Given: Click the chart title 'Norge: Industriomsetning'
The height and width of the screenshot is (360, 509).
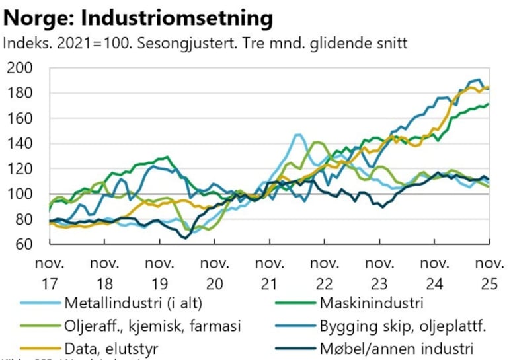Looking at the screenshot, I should (138, 18).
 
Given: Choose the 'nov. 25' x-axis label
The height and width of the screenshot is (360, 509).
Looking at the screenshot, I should (488, 273).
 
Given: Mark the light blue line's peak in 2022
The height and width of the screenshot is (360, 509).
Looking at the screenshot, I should (298, 135).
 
